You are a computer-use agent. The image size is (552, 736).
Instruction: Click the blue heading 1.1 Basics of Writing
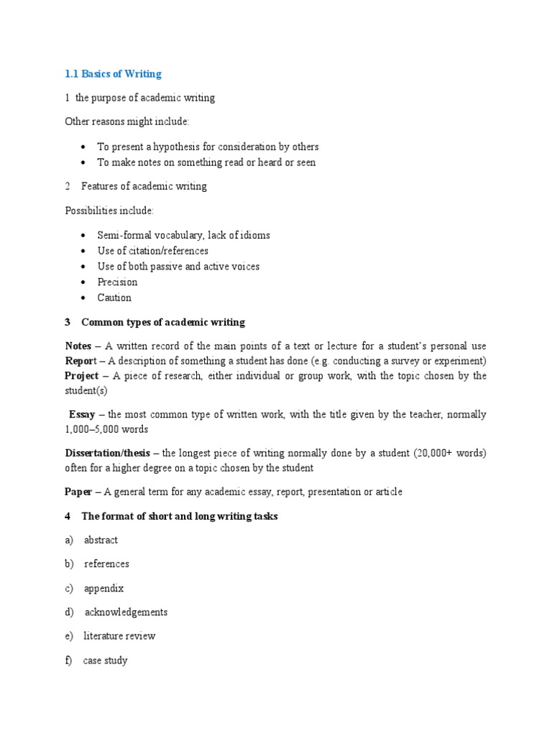tap(113, 74)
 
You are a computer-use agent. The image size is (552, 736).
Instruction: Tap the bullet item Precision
tap(117, 282)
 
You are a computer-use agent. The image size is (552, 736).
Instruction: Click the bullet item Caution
tap(114, 298)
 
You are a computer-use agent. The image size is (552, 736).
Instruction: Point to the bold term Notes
tap(78, 346)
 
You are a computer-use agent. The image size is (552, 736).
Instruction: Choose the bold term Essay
tap(83, 414)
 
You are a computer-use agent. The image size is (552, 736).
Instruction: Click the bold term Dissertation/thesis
tap(108, 453)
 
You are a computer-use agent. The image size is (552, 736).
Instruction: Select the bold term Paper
tap(78, 492)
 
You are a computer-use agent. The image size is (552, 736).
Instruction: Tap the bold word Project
tap(81, 375)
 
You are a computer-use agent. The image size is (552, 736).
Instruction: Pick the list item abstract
tap(101, 540)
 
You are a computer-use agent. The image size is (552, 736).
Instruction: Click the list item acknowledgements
tap(126, 612)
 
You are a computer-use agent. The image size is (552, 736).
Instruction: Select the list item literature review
tap(119, 636)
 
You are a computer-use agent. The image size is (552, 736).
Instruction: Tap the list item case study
tap(105, 660)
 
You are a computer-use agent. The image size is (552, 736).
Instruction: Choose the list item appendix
tap(103, 588)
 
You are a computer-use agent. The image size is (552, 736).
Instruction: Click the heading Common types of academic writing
tap(163, 322)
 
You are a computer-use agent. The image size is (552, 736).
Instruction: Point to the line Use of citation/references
tap(153, 251)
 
